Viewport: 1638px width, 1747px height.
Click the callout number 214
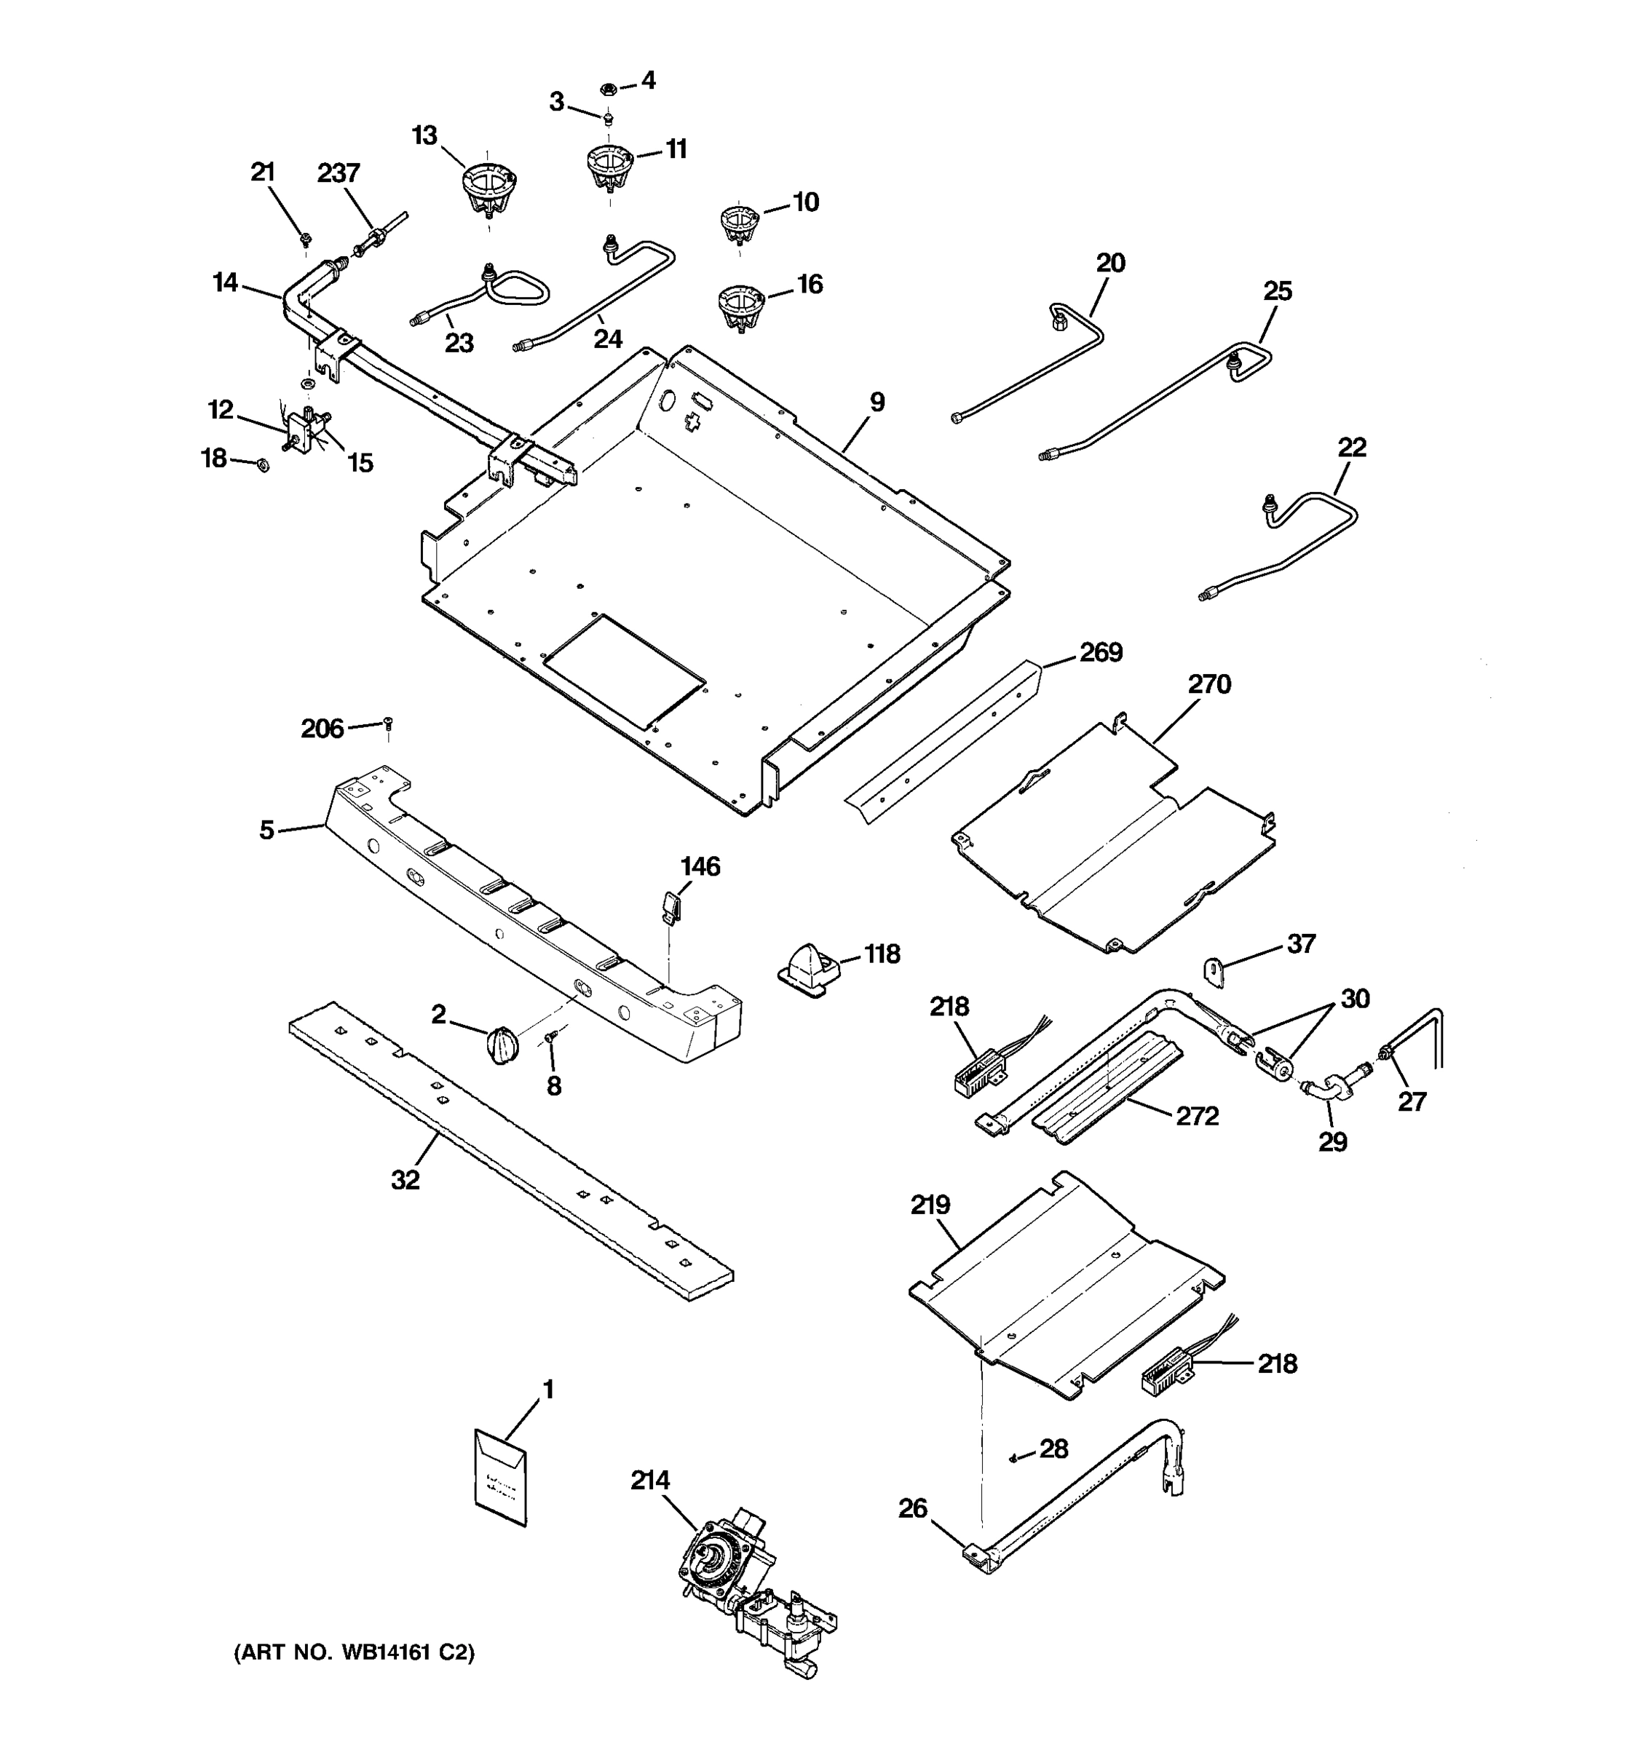pyautogui.click(x=649, y=1481)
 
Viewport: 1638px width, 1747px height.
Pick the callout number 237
pyautogui.click(x=339, y=173)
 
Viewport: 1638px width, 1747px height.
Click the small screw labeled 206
pyautogui.click(x=387, y=724)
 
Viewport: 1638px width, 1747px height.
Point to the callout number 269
pyautogui.click(x=1100, y=652)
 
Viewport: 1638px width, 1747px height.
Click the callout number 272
pyautogui.click(x=1197, y=1116)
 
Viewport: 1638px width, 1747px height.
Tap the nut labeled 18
pyautogui.click(x=262, y=463)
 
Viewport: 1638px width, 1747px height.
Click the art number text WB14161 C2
pyautogui.click(x=354, y=1653)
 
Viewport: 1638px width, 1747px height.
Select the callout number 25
pyautogui.click(x=1277, y=291)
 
